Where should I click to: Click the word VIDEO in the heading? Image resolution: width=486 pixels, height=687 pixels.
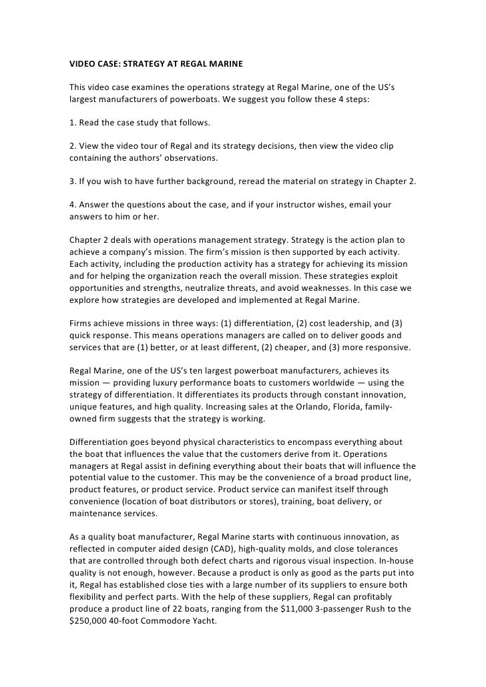pyautogui.click(x=84, y=65)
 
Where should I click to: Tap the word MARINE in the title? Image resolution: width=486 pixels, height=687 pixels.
pyautogui.click(x=224, y=65)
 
